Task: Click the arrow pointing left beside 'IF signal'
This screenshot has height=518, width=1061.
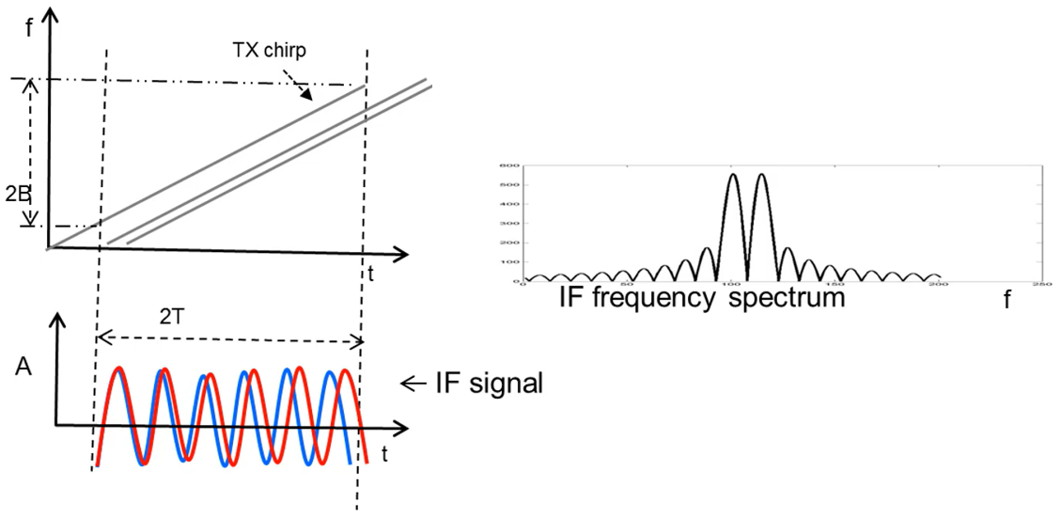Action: pyautogui.click(x=409, y=383)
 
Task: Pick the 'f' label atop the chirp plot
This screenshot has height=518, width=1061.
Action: pyautogui.click(x=29, y=25)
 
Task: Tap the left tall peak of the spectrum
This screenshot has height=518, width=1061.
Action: pyautogui.click(x=732, y=176)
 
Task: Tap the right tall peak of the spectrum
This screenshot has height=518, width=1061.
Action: pyautogui.click(x=760, y=176)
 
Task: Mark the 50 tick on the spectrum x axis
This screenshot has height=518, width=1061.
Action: pyautogui.click(x=627, y=285)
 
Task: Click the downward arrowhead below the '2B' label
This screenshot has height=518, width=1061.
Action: pyautogui.click(x=29, y=222)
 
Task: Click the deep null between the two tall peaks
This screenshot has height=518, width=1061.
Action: pyautogui.click(x=746, y=278)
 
